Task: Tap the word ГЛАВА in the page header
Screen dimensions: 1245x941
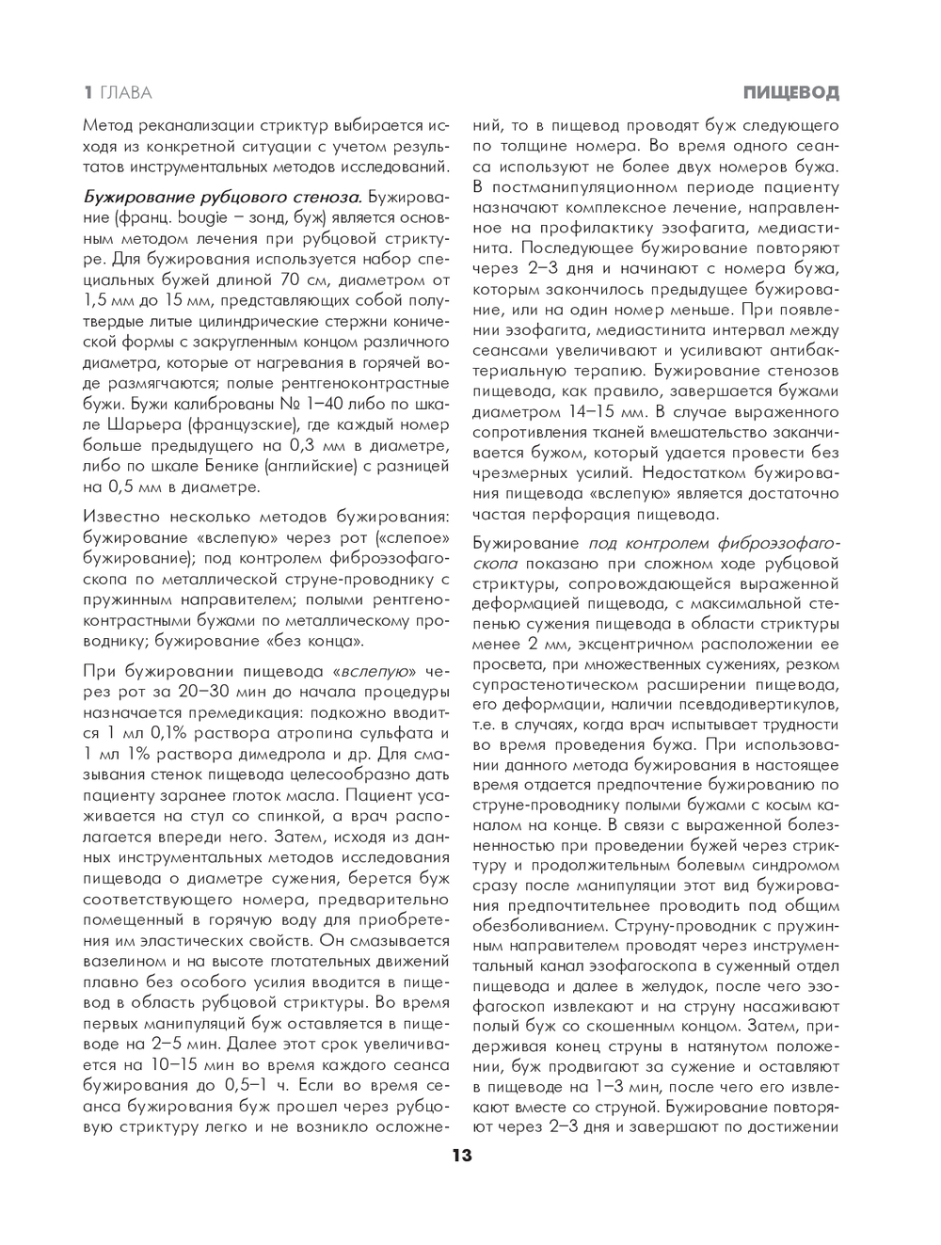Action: click(125, 92)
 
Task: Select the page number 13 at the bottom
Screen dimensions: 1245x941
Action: click(461, 1157)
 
